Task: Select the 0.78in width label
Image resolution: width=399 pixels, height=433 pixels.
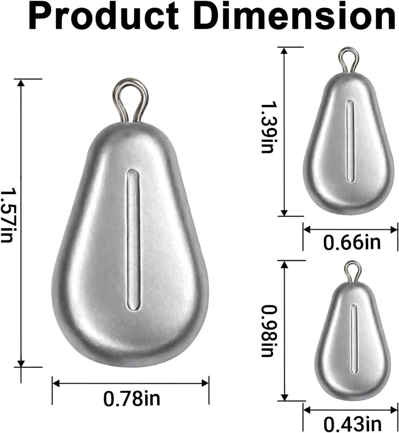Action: (x=132, y=398)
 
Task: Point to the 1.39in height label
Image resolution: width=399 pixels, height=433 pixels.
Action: (x=267, y=128)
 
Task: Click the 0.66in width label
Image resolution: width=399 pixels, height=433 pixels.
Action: (x=352, y=242)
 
